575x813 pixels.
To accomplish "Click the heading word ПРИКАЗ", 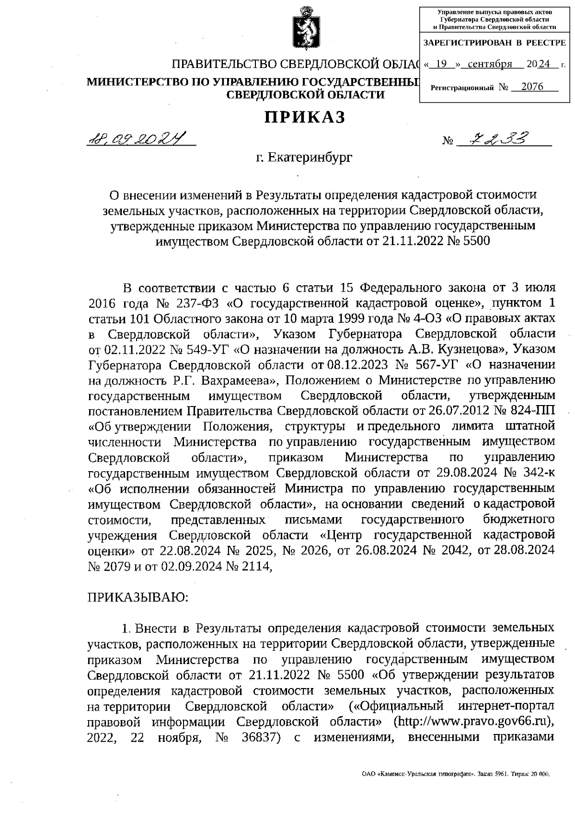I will coord(305,117).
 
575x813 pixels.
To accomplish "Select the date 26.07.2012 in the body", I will coord(449,411).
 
